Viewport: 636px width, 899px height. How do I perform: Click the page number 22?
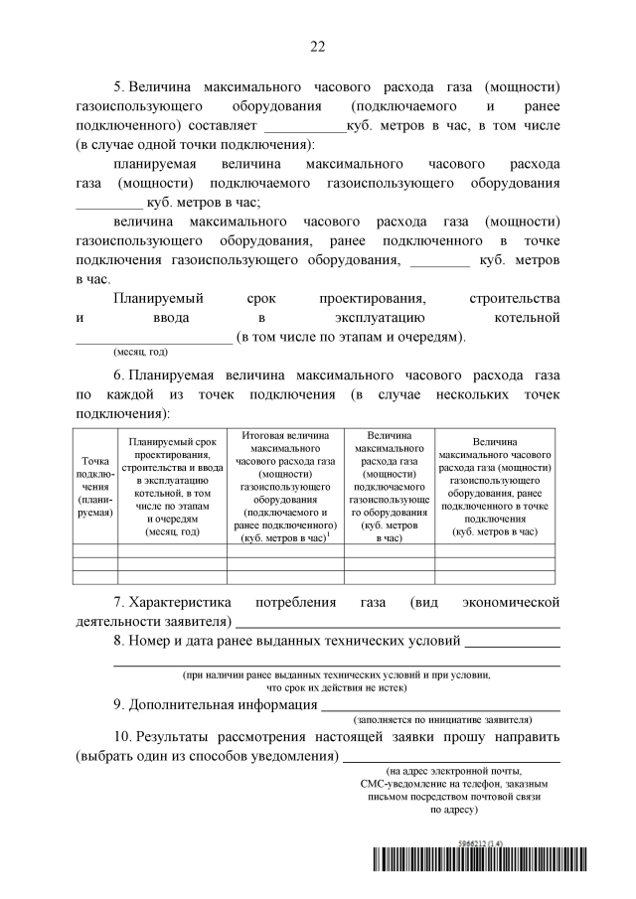coord(318,46)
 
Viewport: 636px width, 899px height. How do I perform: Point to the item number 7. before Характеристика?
coord(119,602)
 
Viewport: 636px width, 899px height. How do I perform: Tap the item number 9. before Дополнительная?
coord(119,704)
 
